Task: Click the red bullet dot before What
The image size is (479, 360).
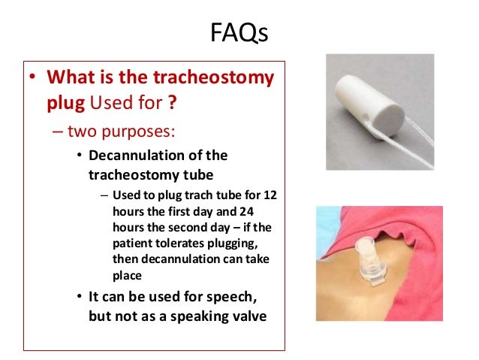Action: coord(32,78)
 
